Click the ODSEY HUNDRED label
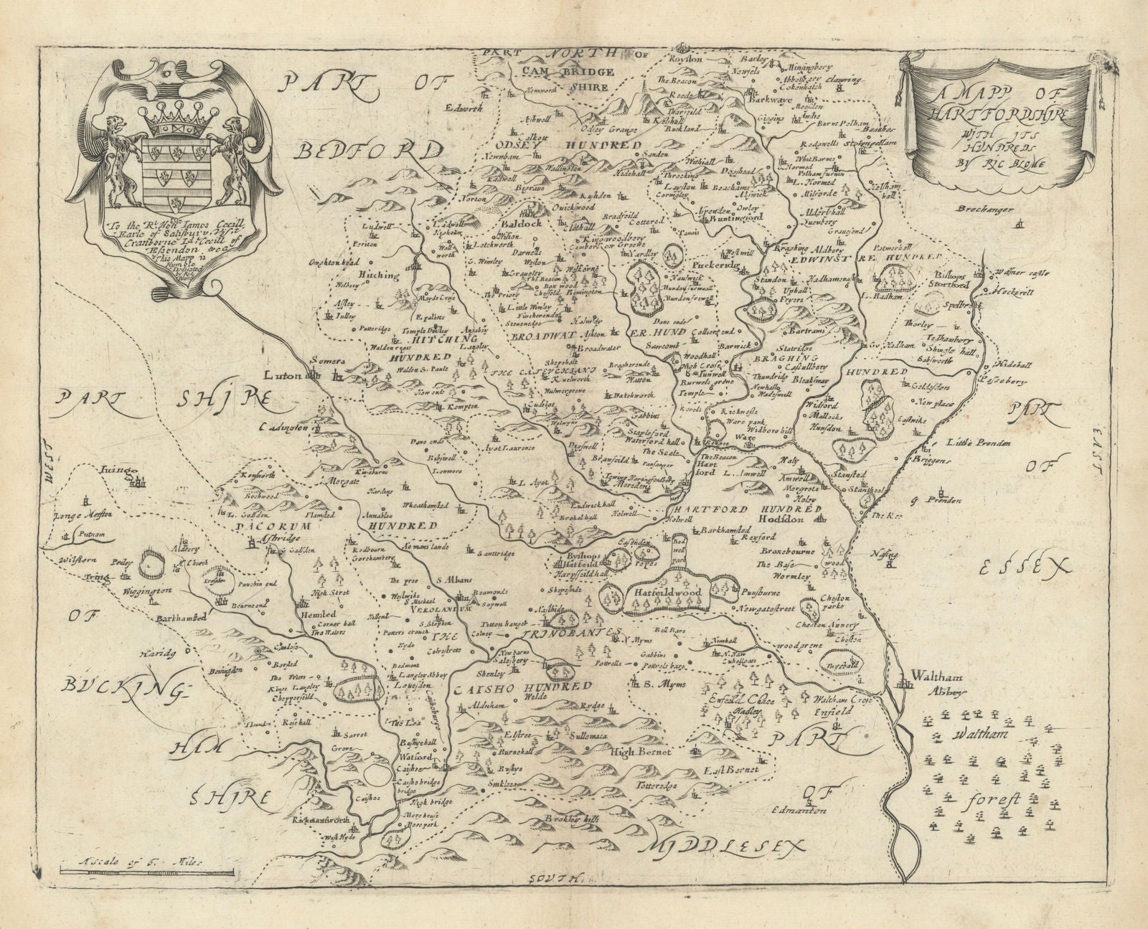[586, 145]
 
